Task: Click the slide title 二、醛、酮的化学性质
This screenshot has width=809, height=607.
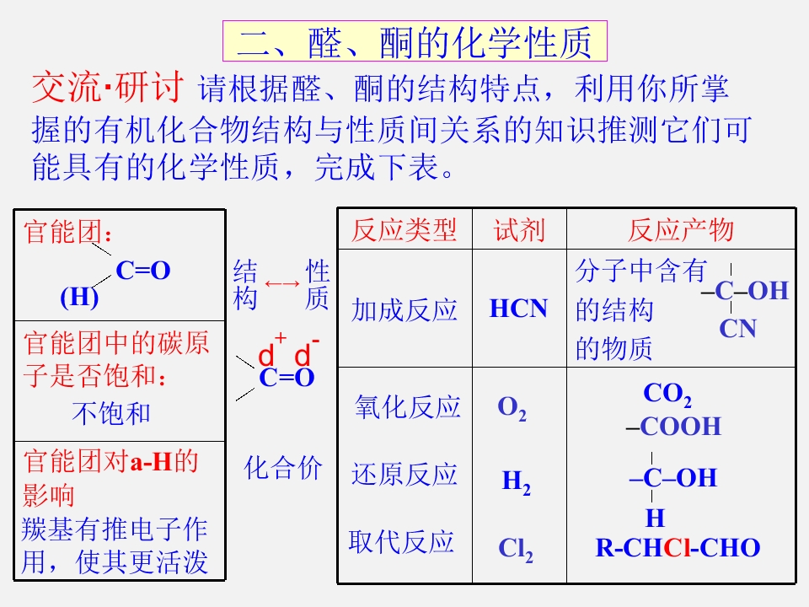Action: pyautogui.click(x=415, y=42)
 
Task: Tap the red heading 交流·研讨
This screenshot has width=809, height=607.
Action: pyautogui.click(x=107, y=87)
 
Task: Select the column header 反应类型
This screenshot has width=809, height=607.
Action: pyautogui.click(x=404, y=229)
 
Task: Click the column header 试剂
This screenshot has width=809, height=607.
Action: pyautogui.click(x=519, y=229)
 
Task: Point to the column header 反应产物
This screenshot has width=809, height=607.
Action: pyautogui.click(x=681, y=229)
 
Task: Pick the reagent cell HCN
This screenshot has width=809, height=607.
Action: pyautogui.click(x=518, y=309)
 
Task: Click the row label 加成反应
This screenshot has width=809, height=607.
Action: pyautogui.click(x=404, y=310)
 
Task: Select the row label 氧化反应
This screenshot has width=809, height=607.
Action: pyautogui.click(x=407, y=406)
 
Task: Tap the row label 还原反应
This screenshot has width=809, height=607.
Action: pyautogui.click(x=404, y=474)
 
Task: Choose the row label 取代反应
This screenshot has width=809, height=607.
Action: pyautogui.click(x=401, y=542)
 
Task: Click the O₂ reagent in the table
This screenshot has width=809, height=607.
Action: pyautogui.click(x=512, y=409)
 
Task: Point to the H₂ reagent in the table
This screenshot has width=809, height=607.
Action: pyautogui.click(x=516, y=482)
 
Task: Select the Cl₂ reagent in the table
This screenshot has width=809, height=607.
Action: pyautogui.click(x=516, y=549)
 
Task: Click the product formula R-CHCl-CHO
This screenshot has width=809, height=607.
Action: pyautogui.click(x=678, y=548)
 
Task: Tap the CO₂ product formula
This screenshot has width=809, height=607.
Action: pyautogui.click(x=667, y=395)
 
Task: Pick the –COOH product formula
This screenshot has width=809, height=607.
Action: pyautogui.click(x=673, y=427)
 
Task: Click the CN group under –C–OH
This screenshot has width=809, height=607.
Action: pyautogui.click(x=738, y=328)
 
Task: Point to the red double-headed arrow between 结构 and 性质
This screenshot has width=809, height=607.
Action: pyautogui.click(x=281, y=283)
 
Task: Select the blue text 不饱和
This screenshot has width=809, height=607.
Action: pyautogui.click(x=111, y=413)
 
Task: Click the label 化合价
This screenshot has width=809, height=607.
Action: pyautogui.click(x=283, y=468)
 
